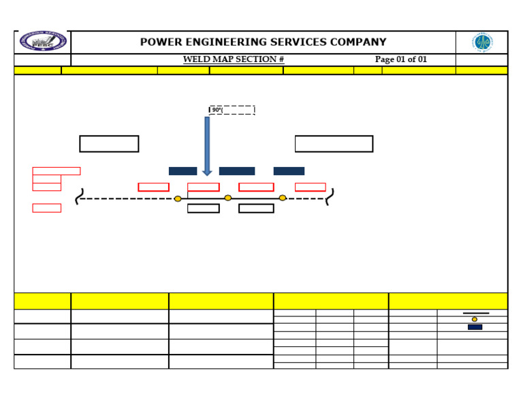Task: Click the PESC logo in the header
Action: point(43,42)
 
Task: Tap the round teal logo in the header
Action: point(483,42)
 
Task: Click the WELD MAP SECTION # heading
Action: point(233,59)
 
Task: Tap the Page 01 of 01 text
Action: point(401,59)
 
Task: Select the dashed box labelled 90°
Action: point(232,110)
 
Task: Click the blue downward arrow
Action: point(207,146)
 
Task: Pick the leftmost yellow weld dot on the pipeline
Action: point(178,198)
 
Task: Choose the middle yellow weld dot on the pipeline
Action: point(227,198)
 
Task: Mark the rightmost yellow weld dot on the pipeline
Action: point(283,198)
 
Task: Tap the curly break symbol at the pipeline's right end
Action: point(330,198)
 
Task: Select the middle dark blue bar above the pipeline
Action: point(237,171)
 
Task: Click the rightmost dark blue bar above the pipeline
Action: point(289,171)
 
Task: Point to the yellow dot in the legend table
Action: point(475,319)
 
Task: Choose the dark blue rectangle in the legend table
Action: point(475,327)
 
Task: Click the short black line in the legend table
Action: point(475,313)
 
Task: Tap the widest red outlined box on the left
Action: point(56,171)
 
